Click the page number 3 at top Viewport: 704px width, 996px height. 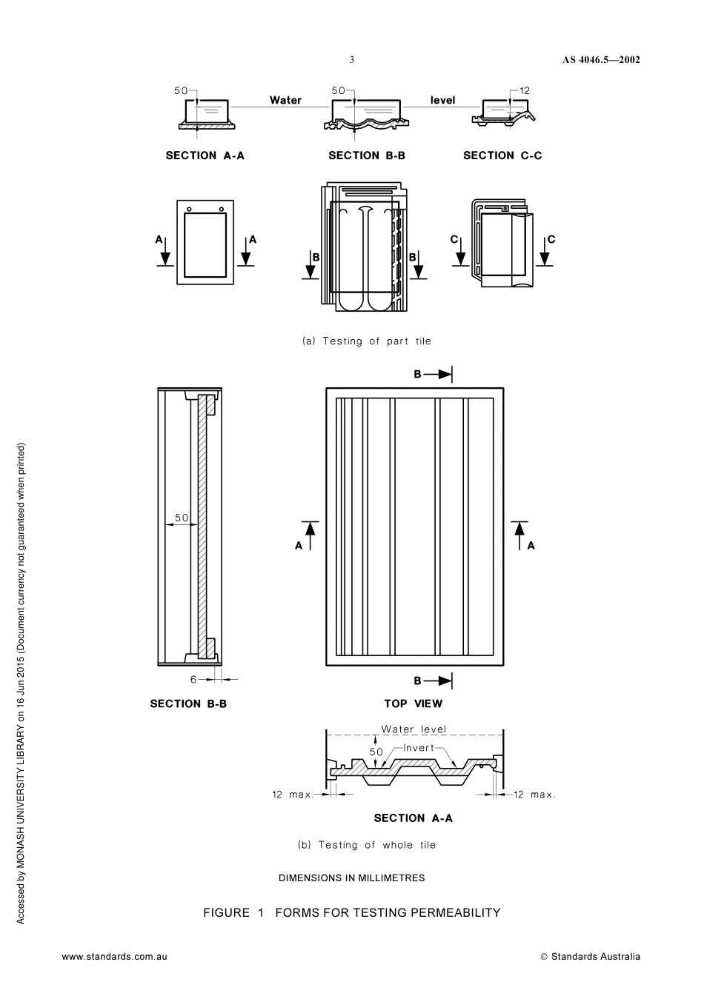(351, 60)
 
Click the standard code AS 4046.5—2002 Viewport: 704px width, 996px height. (600, 60)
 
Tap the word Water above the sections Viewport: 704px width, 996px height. (285, 100)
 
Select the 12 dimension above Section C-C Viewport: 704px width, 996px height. (524, 90)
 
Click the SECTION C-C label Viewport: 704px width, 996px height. (502, 156)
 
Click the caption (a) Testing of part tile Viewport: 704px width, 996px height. (367, 341)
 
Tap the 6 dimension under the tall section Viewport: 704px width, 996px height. (193, 679)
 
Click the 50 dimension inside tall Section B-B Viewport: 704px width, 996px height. (182, 517)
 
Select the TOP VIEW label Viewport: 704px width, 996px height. (413, 703)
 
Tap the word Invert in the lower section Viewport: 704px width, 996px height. (419, 748)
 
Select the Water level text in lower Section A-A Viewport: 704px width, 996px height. (414, 729)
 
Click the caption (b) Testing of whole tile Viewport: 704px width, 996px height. (367, 845)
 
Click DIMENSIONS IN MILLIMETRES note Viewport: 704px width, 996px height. (351, 878)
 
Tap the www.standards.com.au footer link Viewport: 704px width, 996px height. (114, 956)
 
